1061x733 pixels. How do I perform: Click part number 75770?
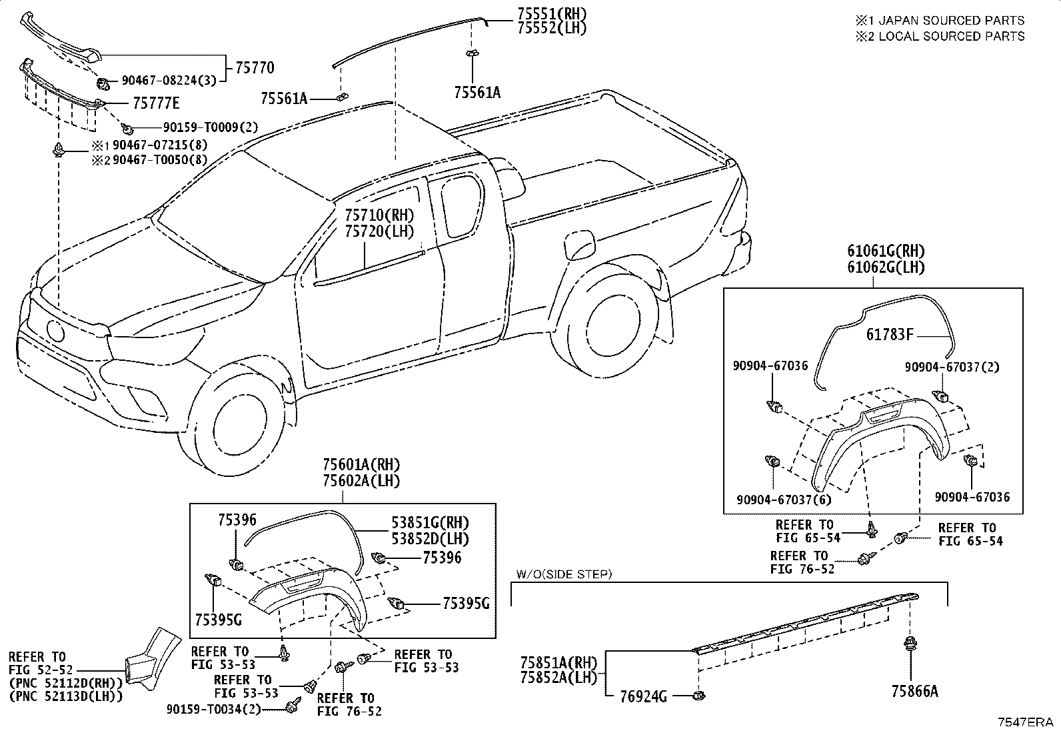pyautogui.click(x=255, y=68)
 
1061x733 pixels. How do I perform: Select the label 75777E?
pyautogui.click(x=156, y=103)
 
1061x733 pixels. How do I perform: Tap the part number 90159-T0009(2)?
pyautogui.click(x=211, y=127)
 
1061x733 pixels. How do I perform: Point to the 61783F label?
pyautogui.click(x=890, y=335)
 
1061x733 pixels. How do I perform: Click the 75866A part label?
pyautogui.click(x=914, y=692)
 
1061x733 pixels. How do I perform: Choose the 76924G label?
pyautogui.click(x=644, y=696)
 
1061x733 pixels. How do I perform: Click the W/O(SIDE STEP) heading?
pyautogui.click(x=564, y=574)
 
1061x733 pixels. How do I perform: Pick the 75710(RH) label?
pyautogui.click(x=379, y=215)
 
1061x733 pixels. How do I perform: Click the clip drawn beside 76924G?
pyautogui.click(x=698, y=696)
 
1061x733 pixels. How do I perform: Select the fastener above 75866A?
pyautogui.click(x=910, y=644)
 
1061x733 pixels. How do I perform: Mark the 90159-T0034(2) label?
pyautogui.click(x=214, y=710)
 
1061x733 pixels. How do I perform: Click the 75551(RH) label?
pyautogui.click(x=552, y=13)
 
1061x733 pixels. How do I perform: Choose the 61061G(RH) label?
pyautogui.click(x=886, y=251)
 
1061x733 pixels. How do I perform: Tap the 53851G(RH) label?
pyautogui.click(x=430, y=522)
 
